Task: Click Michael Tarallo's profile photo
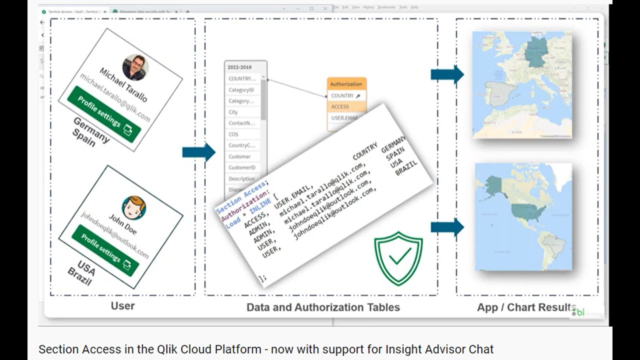(135, 67)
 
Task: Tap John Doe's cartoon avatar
(134, 207)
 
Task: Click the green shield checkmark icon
(398, 258)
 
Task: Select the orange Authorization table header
(346, 84)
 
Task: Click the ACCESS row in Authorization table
(340, 106)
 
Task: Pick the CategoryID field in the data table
(241, 90)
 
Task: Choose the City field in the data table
(233, 112)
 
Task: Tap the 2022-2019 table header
(240, 67)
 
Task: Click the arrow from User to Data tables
(198, 152)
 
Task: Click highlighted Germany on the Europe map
(536, 51)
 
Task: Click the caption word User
(122, 305)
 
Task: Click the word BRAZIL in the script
(406, 169)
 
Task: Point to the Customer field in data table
(239, 156)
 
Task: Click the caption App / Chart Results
(526, 307)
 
